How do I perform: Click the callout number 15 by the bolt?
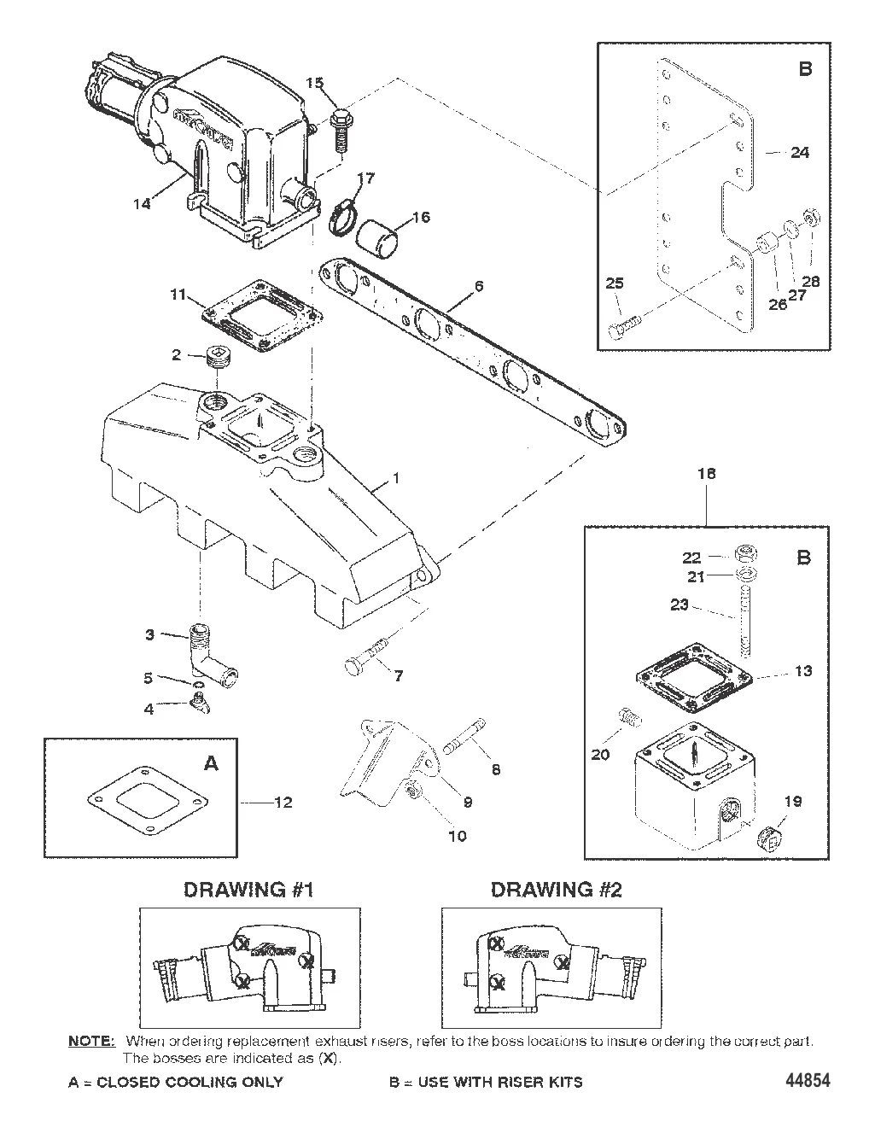pyautogui.click(x=315, y=83)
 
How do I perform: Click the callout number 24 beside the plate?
pyautogui.click(x=799, y=153)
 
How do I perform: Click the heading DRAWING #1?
pyautogui.click(x=249, y=890)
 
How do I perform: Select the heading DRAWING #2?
pyautogui.click(x=556, y=890)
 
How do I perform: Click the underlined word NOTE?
pyautogui.click(x=90, y=1042)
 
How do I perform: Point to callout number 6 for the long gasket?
pyautogui.click(x=479, y=286)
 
